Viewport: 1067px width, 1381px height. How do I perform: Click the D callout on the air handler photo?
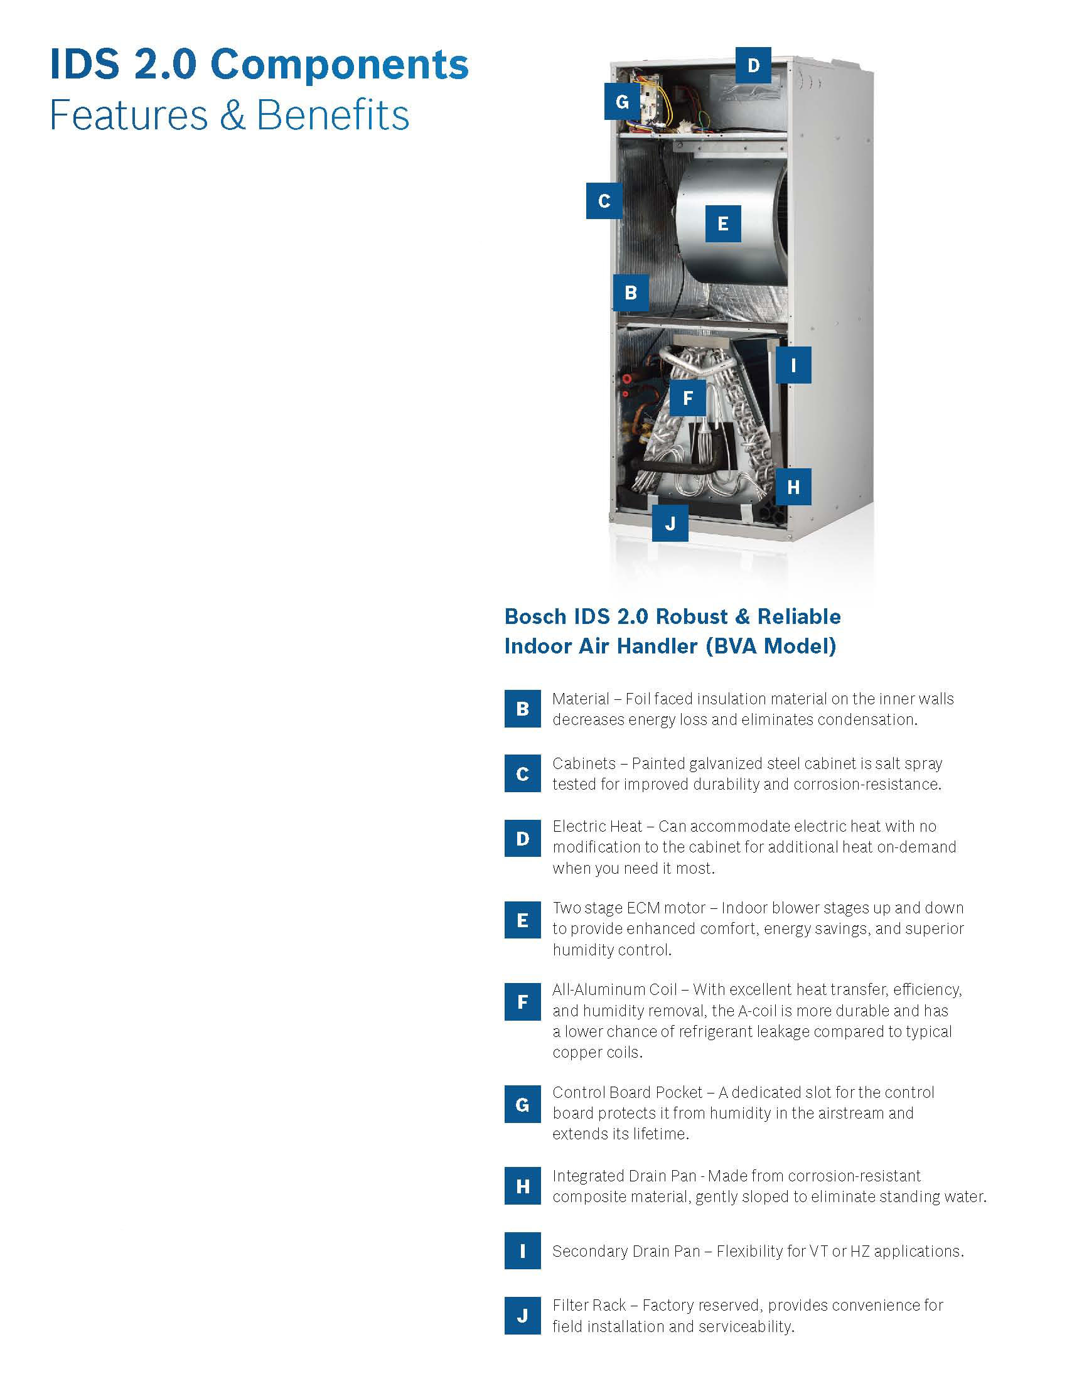click(753, 65)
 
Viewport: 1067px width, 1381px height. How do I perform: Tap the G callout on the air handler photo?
click(622, 101)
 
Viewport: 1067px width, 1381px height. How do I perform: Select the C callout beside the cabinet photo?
click(604, 201)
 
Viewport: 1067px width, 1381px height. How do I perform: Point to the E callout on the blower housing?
click(723, 224)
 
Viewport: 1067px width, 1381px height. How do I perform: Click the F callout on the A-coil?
click(688, 398)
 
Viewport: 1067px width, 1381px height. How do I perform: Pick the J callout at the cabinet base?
click(670, 524)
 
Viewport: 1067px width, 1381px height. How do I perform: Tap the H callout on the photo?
click(793, 487)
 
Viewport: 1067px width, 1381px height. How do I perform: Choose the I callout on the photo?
click(793, 365)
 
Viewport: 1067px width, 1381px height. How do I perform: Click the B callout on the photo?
click(631, 293)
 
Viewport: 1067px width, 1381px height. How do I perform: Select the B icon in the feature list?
click(523, 709)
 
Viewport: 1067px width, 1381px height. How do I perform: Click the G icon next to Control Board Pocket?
click(523, 1105)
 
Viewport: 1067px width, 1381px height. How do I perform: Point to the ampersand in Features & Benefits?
click(232, 116)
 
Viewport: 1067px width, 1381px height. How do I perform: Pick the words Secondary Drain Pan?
click(626, 1251)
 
